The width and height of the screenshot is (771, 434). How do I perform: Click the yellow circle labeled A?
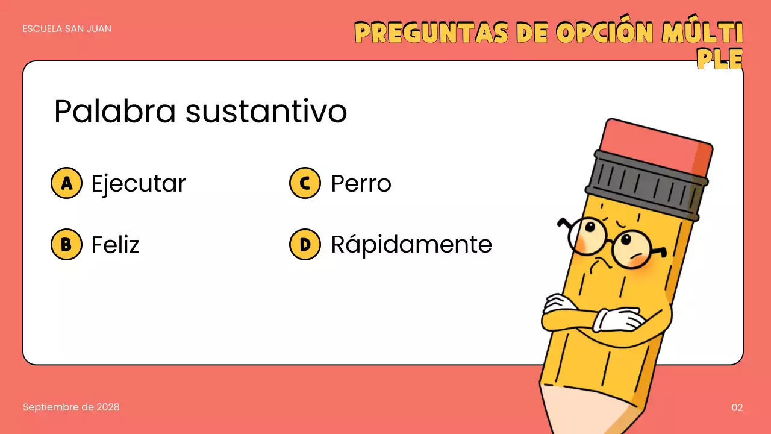coord(66,183)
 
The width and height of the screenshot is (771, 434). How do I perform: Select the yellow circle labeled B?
coord(66,244)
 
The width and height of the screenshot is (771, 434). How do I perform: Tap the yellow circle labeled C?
coord(305,183)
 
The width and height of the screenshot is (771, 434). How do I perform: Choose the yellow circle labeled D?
coord(305,244)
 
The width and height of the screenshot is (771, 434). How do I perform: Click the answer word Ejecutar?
coord(139,183)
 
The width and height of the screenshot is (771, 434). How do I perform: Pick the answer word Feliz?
coord(115,245)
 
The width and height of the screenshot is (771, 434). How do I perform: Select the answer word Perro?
coord(361,183)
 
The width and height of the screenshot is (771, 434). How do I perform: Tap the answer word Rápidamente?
coord(411,245)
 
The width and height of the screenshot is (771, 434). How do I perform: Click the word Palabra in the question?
coord(114,112)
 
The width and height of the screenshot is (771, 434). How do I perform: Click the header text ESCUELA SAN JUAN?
coord(67,28)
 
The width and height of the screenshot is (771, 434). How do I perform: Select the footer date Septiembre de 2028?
coord(71,407)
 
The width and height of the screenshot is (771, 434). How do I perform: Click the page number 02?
coord(737,407)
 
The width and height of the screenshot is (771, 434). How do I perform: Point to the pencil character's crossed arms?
coord(596,316)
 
